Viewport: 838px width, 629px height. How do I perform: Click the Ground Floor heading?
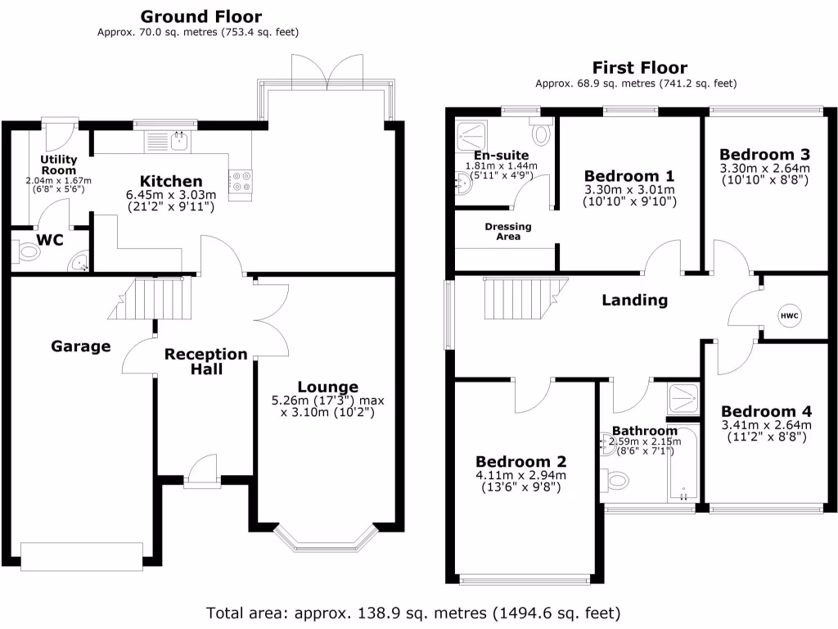201,16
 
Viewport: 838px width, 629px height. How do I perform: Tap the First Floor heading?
639,67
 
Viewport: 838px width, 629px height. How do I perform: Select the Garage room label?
80,346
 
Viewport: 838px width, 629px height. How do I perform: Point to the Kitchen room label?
170,181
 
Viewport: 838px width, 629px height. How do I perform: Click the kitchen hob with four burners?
241,181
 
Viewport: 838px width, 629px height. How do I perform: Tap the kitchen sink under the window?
167,142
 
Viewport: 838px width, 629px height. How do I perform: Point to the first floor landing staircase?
524,298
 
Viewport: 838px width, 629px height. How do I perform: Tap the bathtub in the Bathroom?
684,463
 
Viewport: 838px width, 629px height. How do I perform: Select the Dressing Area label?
507,231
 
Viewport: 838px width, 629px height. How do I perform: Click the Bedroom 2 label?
520,461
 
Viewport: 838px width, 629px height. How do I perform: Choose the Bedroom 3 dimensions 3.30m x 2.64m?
764,169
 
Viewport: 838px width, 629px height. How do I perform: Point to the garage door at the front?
81,557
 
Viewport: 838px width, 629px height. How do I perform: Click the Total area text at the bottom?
413,613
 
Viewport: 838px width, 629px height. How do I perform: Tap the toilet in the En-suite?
541,131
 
